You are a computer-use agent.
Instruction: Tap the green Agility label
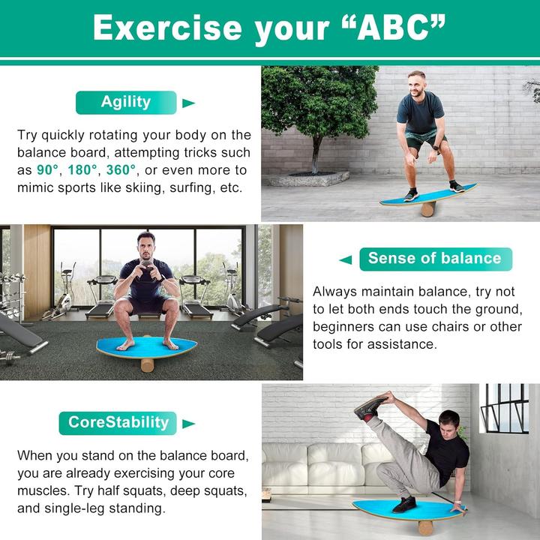tap(126, 102)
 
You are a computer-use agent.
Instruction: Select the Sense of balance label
tap(434, 259)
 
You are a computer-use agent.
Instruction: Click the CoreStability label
tap(118, 422)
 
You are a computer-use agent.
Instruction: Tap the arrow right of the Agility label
tap(189, 103)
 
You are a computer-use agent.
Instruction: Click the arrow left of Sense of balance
tap(345, 259)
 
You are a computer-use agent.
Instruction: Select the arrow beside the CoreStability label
tap(188, 423)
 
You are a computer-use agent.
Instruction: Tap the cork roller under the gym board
tap(148, 364)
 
